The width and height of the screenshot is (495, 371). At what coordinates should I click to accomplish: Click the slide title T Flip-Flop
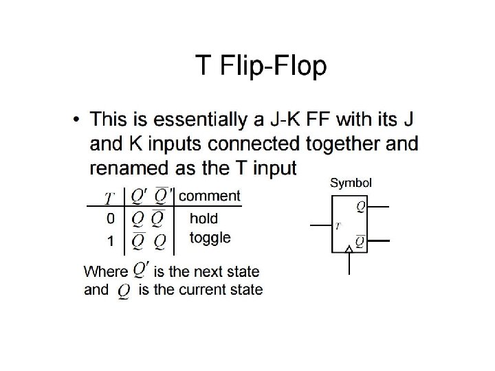261,67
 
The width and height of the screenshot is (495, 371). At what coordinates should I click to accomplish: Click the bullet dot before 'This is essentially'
76,121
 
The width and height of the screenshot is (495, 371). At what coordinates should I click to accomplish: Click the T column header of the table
109,198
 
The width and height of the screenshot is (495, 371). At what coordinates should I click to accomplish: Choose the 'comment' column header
210,196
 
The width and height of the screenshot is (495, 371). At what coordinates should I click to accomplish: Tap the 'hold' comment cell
203,218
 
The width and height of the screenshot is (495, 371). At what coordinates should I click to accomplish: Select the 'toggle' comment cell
210,238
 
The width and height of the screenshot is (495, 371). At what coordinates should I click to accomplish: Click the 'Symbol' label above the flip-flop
351,183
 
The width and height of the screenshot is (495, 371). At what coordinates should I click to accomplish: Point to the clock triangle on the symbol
351,249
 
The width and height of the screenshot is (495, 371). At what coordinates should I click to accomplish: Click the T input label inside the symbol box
338,225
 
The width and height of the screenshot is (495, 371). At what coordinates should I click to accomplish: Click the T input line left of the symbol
320,225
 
